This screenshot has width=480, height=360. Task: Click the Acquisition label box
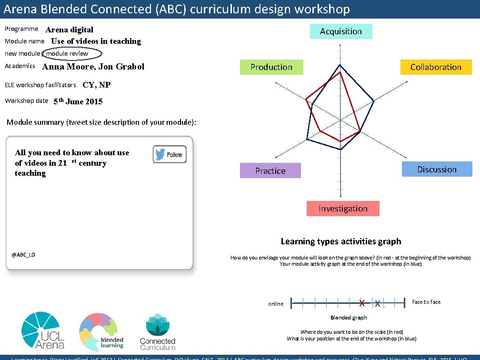click(341, 31)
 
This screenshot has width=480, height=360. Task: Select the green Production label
click(271, 67)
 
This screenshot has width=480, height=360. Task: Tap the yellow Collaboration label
click(436, 67)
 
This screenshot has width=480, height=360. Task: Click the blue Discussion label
click(437, 170)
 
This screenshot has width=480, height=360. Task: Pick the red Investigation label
click(343, 209)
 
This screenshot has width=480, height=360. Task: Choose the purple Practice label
click(270, 171)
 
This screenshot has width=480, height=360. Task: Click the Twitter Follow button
click(170, 154)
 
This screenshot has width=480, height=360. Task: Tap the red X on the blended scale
click(362, 303)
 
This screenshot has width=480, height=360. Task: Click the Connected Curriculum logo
click(157, 332)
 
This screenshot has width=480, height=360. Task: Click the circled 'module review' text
click(68, 54)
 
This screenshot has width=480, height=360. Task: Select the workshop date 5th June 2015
click(78, 101)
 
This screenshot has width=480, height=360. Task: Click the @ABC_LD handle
click(23, 255)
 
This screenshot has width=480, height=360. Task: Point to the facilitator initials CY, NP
click(97, 85)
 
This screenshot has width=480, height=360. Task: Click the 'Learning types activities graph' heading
click(341, 241)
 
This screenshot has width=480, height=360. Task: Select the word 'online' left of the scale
click(276, 304)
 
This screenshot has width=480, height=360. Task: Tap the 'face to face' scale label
click(426, 302)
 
